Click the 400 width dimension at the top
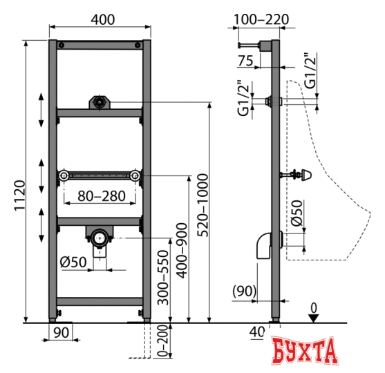103,19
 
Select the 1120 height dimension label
19,195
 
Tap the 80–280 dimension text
102,196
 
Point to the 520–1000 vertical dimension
203,205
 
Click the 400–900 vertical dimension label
182,251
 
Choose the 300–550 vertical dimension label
163,278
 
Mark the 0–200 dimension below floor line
162,341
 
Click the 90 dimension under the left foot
61,333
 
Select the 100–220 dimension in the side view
261,19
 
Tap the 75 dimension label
245,61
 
